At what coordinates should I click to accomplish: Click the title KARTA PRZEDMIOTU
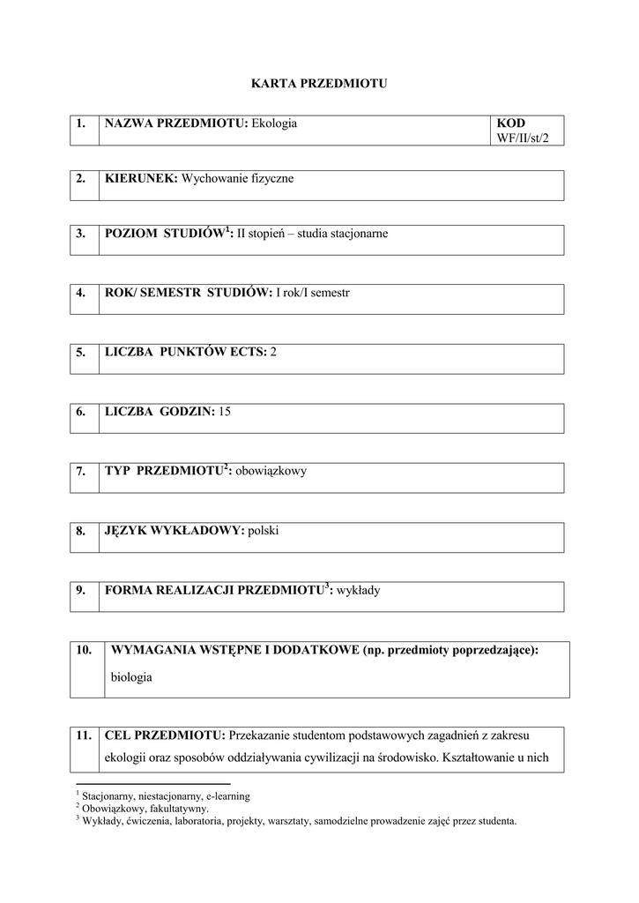pos(319,84)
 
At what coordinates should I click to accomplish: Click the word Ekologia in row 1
pos(274,123)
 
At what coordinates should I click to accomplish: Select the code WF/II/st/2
pos(529,139)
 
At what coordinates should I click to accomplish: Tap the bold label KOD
pos(511,123)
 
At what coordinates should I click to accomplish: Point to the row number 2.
pos(81,179)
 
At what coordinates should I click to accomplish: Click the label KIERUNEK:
pos(141,179)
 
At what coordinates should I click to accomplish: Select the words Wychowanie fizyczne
pos(237,179)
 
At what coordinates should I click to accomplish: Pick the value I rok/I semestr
pos(313,293)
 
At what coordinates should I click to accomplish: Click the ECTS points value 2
pos(273,352)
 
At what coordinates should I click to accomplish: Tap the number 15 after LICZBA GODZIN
pos(225,412)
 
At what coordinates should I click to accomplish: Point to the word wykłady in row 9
pos(358,590)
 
